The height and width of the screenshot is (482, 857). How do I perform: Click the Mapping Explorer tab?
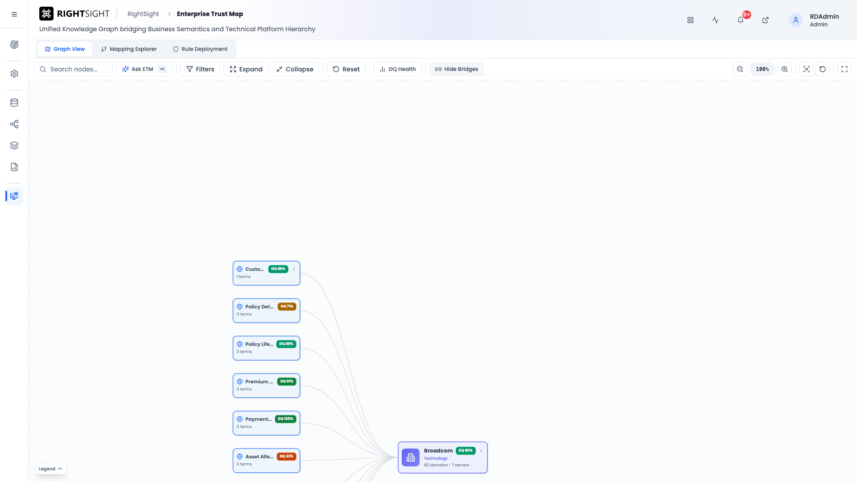click(129, 49)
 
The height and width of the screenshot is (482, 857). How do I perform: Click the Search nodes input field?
click(73, 69)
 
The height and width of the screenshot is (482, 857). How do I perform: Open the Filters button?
click(200, 69)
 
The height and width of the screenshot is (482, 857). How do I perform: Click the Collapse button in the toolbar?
click(295, 69)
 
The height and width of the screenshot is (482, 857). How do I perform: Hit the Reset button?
click(346, 69)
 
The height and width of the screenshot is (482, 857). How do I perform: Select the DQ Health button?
click(397, 69)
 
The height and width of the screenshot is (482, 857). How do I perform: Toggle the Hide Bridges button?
click(456, 69)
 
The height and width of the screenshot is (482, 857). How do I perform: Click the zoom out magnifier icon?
click(740, 69)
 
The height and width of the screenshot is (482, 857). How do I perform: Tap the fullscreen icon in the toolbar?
click(845, 69)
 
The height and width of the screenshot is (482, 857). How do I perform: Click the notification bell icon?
click(741, 20)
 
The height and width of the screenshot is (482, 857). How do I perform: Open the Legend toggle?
click(51, 469)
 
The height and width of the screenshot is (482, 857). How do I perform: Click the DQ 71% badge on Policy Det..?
click(287, 307)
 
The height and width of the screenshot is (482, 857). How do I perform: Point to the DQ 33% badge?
click(287, 457)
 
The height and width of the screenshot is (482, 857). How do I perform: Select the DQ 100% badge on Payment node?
click(286, 419)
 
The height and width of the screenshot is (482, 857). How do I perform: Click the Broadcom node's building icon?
click(411, 457)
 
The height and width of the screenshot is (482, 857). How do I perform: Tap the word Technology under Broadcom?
click(436, 458)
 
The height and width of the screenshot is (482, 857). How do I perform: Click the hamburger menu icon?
click(14, 14)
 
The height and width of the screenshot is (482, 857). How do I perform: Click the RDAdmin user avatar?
click(796, 20)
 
